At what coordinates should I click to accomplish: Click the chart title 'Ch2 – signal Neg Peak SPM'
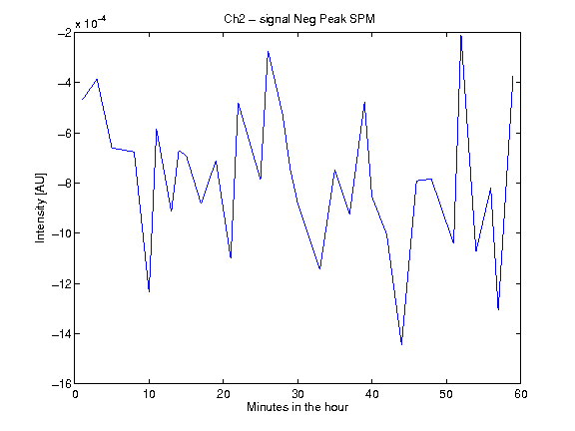[x=299, y=19]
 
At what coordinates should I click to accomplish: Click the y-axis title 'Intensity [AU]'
[x=40, y=208]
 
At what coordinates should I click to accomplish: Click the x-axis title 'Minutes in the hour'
[x=297, y=407]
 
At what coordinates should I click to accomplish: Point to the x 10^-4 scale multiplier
[x=91, y=22]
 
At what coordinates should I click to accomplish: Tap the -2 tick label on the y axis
[x=65, y=33]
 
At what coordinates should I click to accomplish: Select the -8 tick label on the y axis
[x=65, y=184]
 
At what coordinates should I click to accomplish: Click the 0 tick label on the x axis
[x=75, y=394]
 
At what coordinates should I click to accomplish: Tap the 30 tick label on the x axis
[x=297, y=394]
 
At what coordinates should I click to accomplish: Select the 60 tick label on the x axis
[x=521, y=394]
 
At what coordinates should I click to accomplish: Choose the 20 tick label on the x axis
[x=224, y=394]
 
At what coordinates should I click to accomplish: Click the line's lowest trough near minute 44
[x=402, y=344]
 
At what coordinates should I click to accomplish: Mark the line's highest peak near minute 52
[x=461, y=36]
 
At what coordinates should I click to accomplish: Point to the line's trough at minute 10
[x=150, y=291]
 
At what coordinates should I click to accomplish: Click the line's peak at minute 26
[x=269, y=51]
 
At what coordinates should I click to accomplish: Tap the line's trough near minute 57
[x=498, y=309]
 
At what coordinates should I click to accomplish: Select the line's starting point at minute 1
[x=83, y=100]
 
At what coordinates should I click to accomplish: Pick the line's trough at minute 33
[x=320, y=268]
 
